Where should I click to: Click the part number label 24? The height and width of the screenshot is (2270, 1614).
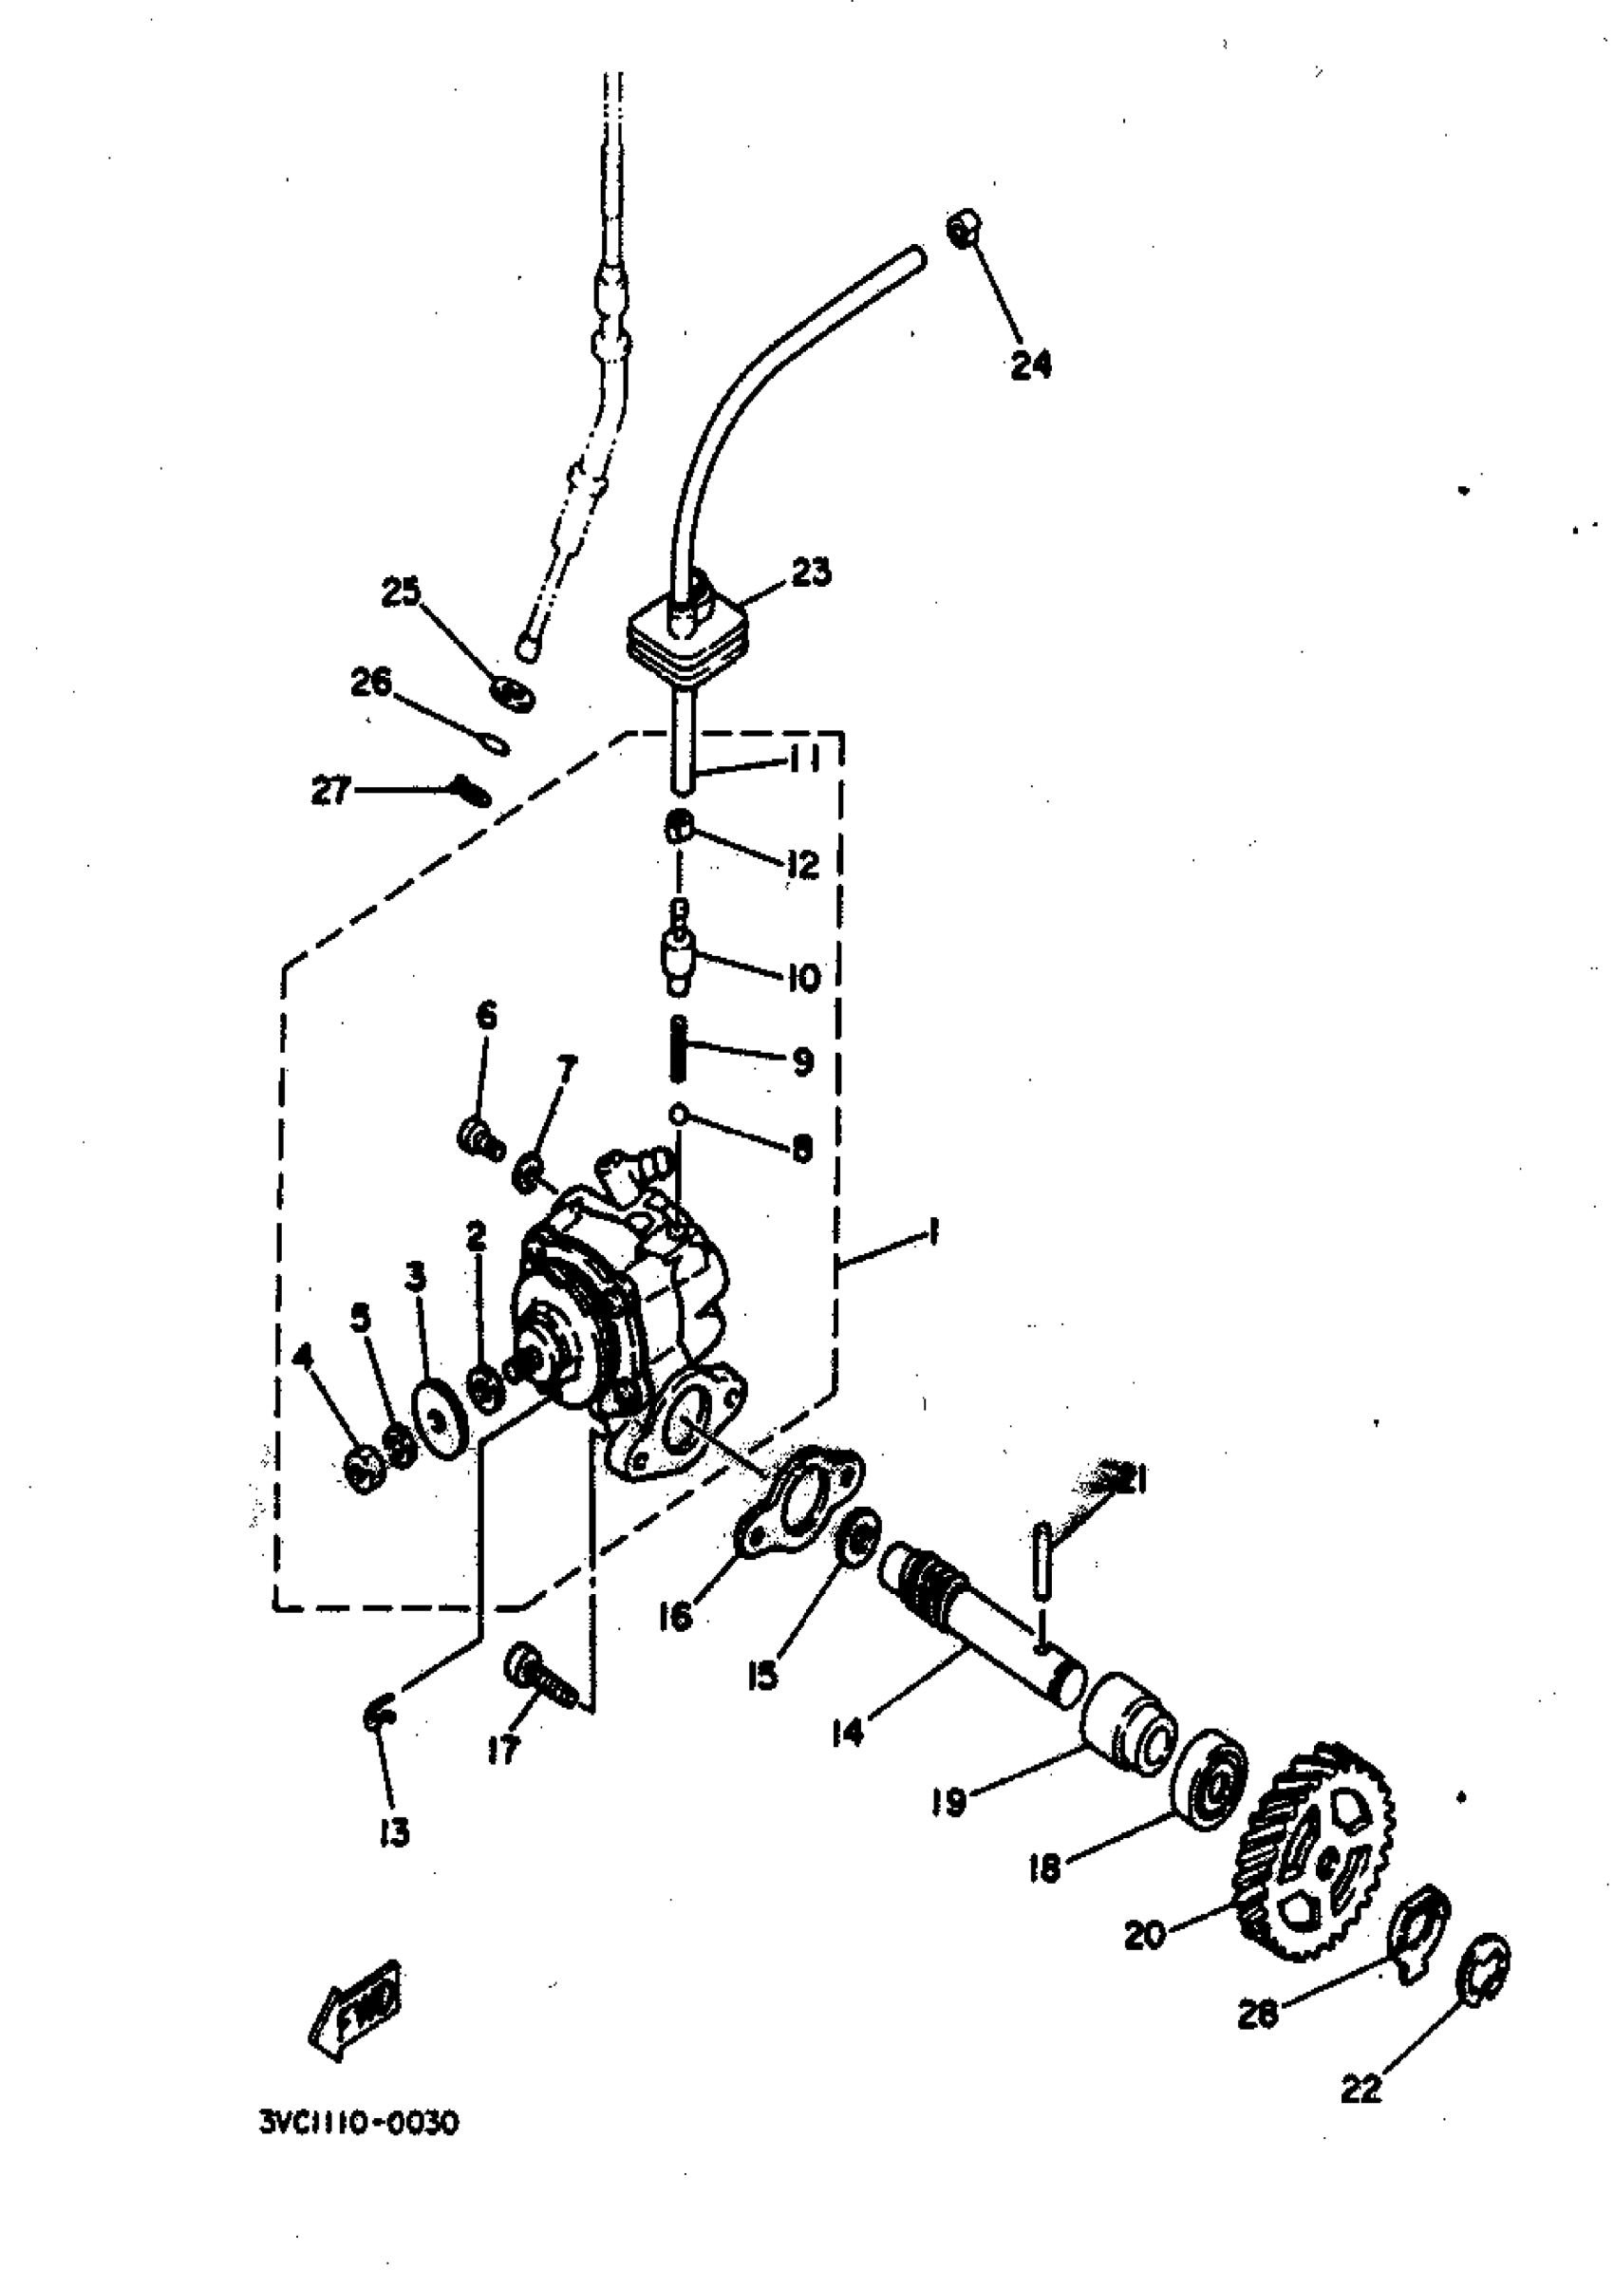pos(1031,365)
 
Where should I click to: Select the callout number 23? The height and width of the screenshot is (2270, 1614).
pos(811,572)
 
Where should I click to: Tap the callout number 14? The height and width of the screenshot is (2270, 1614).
pos(848,1733)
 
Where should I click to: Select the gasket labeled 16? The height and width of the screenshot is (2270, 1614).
pos(799,1510)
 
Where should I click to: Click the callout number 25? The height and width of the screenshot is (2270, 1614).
pos(402,592)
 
